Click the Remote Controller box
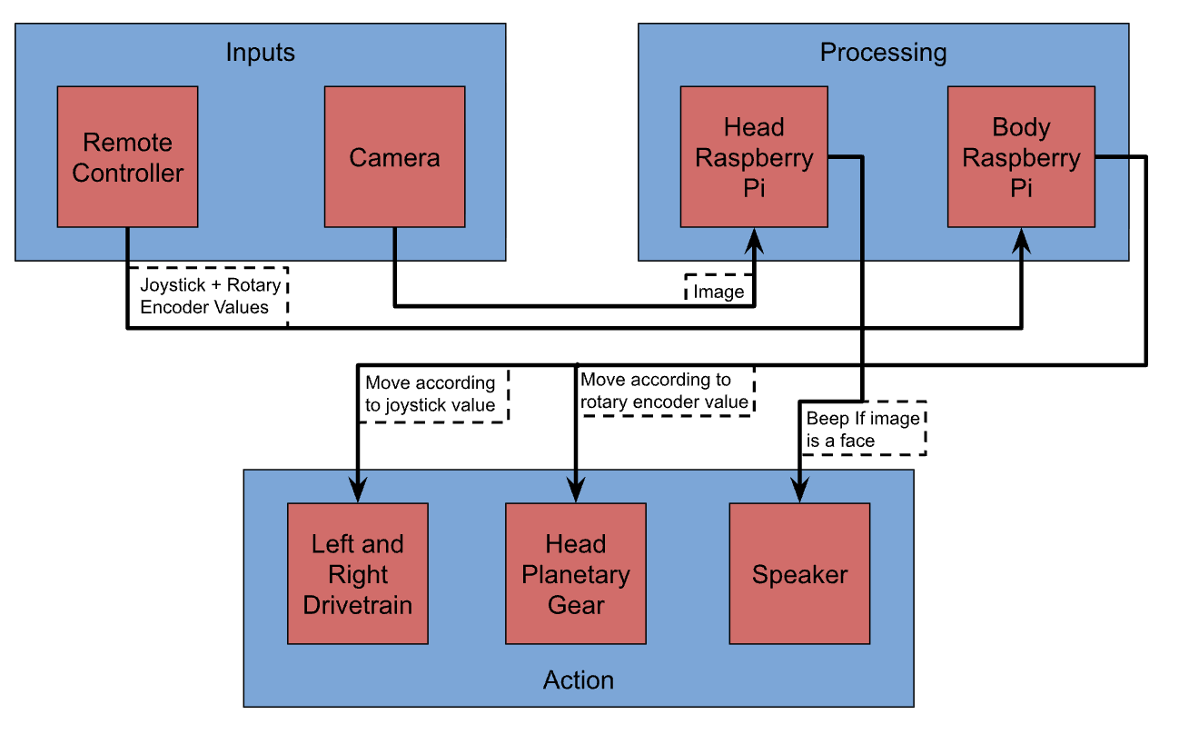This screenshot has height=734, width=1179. point(127,156)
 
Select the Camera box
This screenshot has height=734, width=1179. point(394,156)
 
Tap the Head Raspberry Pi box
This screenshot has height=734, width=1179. point(753,156)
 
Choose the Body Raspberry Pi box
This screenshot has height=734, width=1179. point(1021,156)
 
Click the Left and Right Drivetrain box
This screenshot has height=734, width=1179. point(357,574)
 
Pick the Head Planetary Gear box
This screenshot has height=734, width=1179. point(575,574)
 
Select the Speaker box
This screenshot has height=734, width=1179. point(799,574)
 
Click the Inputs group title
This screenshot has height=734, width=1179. point(260,53)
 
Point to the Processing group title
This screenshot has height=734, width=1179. point(883,53)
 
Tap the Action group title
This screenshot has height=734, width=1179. point(578,679)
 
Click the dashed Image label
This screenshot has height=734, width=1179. point(718,292)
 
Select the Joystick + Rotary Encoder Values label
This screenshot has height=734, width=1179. point(210,296)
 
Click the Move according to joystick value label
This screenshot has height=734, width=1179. point(431,393)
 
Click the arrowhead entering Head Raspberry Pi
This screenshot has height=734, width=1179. point(754,241)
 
